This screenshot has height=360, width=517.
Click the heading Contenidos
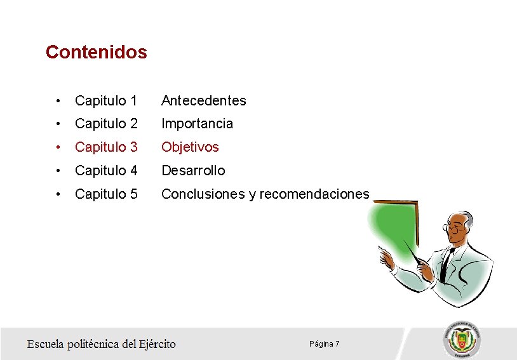(96, 52)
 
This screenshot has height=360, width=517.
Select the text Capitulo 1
(106, 100)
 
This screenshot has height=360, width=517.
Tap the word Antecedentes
(203, 100)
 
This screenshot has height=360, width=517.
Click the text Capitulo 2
(106, 124)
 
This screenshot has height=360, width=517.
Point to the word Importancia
(197, 124)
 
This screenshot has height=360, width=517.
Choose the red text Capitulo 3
(106, 147)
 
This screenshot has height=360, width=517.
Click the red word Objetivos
(190, 147)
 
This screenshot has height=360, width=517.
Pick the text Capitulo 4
(106, 171)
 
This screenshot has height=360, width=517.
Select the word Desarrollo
(193, 171)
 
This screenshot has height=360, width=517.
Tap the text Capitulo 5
(106, 194)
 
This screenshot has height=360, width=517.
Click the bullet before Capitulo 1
(58, 100)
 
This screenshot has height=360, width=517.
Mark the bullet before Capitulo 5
(58, 194)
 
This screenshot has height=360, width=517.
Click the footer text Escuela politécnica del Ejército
(101, 344)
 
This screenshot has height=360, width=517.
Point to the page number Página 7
(324, 343)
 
